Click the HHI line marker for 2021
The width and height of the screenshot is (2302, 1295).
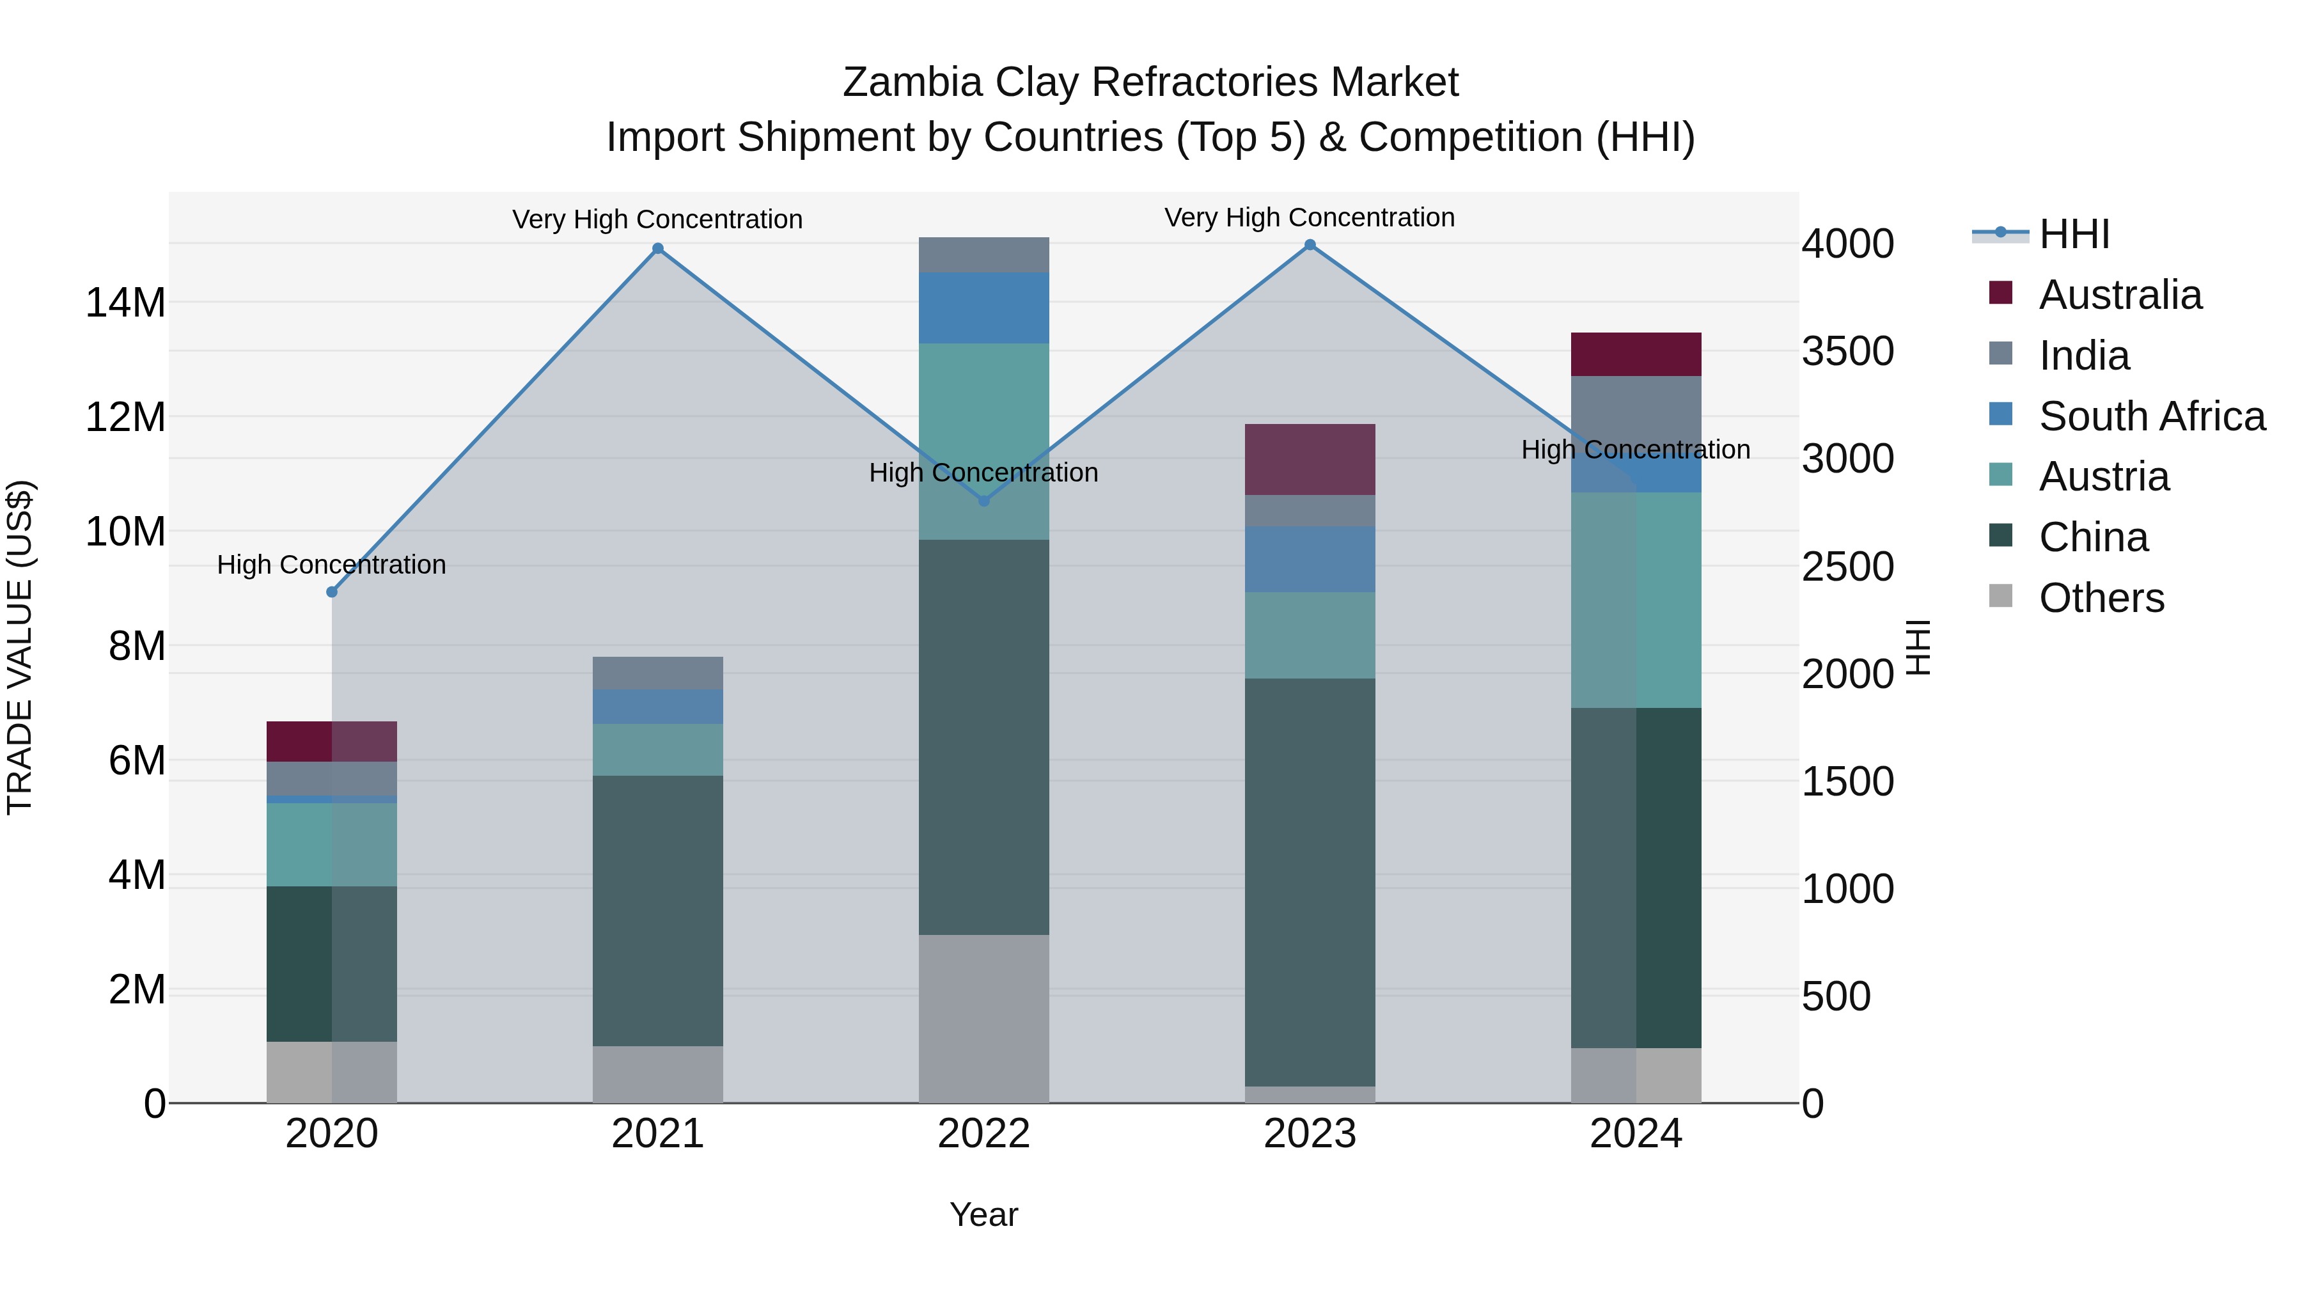658,249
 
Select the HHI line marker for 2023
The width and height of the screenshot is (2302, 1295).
1310,245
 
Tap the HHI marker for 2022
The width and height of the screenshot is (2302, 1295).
984,501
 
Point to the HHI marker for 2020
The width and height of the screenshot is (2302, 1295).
331,592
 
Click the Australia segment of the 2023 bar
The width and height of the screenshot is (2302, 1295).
1310,459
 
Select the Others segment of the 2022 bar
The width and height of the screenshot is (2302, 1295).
984,1019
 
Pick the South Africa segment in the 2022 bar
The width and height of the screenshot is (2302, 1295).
984,308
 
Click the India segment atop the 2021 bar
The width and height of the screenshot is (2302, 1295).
658,673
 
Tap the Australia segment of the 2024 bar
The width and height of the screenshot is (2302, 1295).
1636,354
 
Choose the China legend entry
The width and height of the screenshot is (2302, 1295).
2093,537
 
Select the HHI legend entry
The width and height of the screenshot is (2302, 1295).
2073,234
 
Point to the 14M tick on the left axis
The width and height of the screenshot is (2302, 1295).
125,303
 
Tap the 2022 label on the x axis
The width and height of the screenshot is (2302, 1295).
984,1134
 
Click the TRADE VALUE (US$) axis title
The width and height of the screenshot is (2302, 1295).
20,647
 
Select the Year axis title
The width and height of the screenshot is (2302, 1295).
984,1214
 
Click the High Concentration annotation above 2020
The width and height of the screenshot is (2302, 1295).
331,565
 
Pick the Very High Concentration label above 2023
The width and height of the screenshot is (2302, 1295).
1310,217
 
